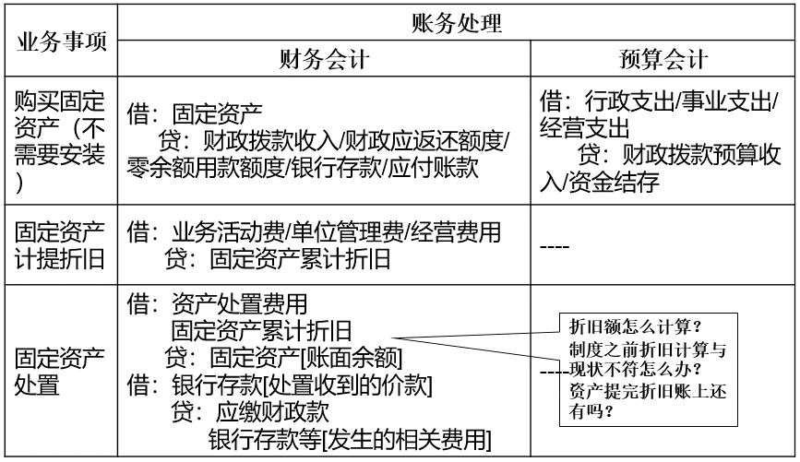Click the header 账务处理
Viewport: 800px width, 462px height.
click(x=457, y=23)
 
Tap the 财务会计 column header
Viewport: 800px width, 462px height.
click(x=324, y=59)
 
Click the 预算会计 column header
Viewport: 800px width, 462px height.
click(x=663, y=59)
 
